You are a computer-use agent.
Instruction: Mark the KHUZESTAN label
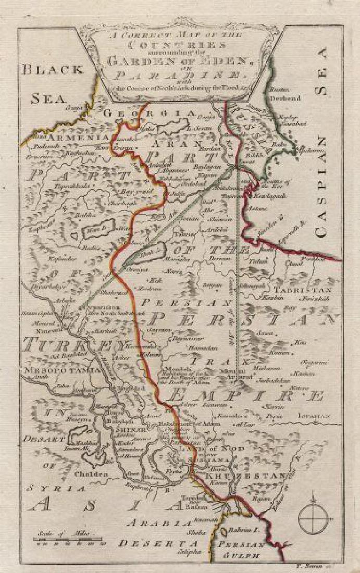coord(245,476)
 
